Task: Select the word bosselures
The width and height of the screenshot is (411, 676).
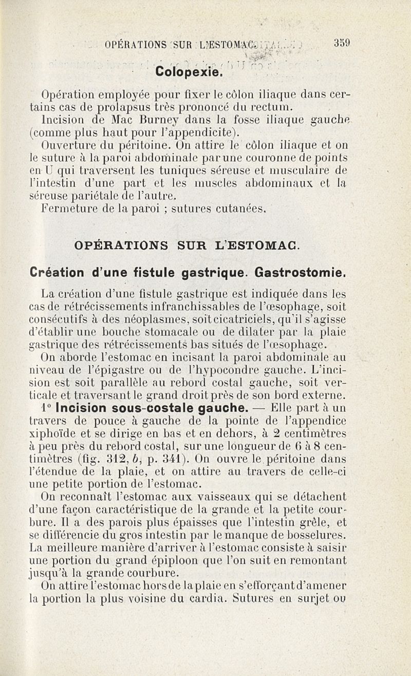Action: point(319,535)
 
